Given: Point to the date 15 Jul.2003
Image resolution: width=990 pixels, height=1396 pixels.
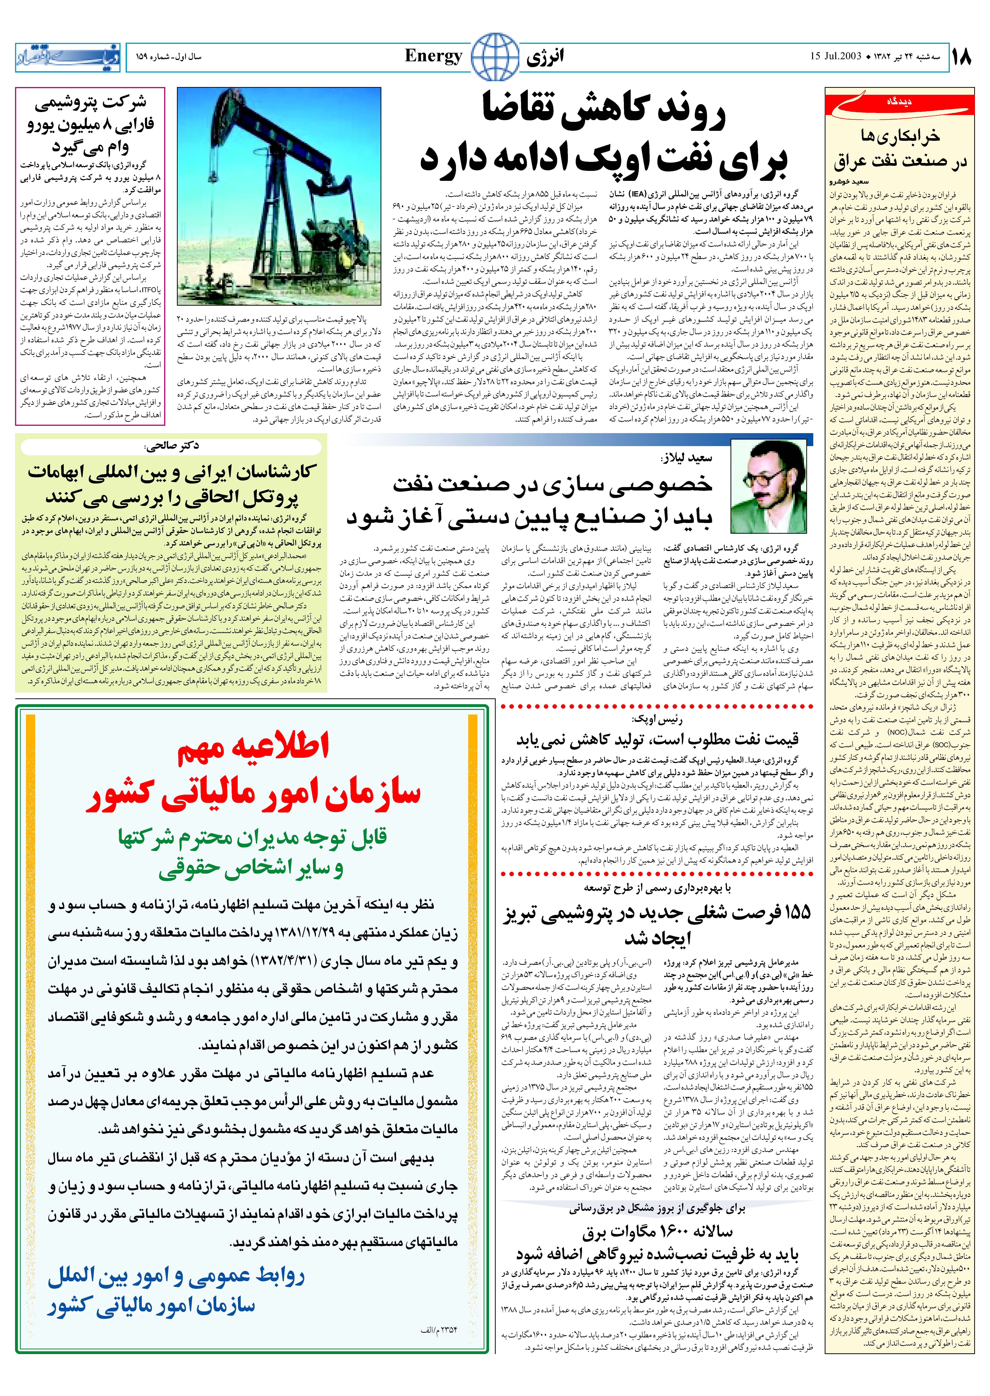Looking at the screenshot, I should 836,57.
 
